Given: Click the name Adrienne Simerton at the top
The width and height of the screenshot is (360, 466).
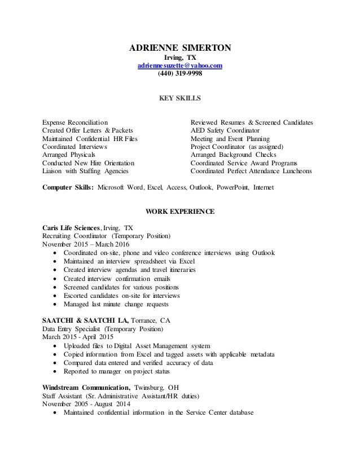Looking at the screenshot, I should pyautogui.click(x=180, y=49).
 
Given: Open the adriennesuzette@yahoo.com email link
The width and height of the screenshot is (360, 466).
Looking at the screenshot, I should pyautogui.click(x=180, y=65).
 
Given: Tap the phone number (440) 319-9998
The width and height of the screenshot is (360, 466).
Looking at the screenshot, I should pyautogui.click(x=180, y=74).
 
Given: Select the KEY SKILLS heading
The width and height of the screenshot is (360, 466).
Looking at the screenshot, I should pyautogui.click(x=180, y=98).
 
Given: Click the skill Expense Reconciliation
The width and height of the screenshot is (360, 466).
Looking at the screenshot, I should pyautogui.click(x=76, y=122).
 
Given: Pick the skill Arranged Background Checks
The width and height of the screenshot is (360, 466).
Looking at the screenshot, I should pyautogui.click(x=232, y=154).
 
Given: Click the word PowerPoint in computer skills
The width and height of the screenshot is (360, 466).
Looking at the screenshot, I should pyautogui.click(x=230, y=187).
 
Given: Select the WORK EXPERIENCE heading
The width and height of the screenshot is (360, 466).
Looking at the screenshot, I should pyautogui.click(x=180, y=212).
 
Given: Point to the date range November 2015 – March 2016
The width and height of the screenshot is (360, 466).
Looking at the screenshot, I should pyautogui.click(x=86, y=244).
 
